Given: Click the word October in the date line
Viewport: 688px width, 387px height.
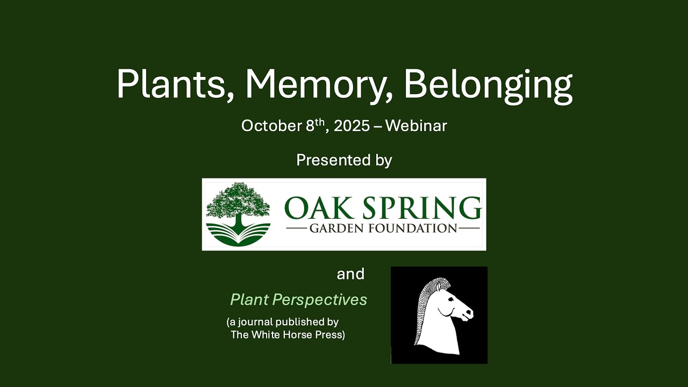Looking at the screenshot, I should pyautogui.click(x=271, y=126).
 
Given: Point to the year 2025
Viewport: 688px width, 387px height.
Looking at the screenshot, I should pyautogui.click(x=352, y=126).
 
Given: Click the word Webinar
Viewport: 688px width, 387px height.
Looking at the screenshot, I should pyautogui.click(x=416, y=126).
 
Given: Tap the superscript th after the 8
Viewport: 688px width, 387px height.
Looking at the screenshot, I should pyautogui.click(x=320, y=122).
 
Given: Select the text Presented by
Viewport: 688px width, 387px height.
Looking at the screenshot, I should pyautogui.click(x=344, y=160).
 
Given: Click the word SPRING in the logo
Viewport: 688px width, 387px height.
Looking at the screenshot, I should pyautogui.click(x=417, y=209).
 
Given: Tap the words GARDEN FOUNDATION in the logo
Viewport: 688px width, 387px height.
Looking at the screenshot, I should pyautogui.click(x=383, y=228).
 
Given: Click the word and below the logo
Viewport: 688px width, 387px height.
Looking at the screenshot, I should pyautogui.click(x=350, y=274).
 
